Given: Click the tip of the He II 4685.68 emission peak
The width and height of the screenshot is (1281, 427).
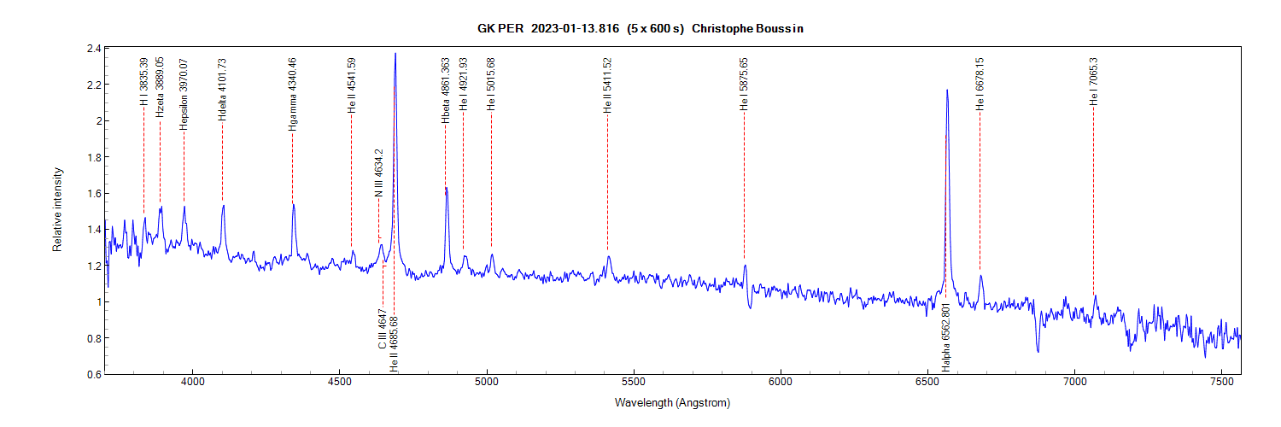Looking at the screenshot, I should point(395,54).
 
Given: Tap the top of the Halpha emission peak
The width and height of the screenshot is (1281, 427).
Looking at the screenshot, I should point(946,91).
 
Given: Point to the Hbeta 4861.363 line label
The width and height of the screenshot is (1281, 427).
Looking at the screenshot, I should point(445,91).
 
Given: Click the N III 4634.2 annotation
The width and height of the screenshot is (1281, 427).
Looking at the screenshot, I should point(379,173).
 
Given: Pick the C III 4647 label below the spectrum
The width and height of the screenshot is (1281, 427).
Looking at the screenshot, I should point(383,330).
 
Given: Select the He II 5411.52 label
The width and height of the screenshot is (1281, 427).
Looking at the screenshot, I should point(607,85).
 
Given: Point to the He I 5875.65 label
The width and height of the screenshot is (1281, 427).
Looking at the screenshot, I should point(744,85).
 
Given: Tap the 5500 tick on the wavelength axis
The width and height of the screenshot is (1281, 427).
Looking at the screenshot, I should point(634,382).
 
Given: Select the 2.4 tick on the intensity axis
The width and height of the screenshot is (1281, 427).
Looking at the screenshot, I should point(93,49).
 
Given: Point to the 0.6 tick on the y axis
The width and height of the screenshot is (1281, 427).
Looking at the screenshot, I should point(93,374).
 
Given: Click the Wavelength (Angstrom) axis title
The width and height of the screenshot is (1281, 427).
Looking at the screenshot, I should point(671,402).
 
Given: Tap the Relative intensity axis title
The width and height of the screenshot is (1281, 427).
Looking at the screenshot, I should point(58,209).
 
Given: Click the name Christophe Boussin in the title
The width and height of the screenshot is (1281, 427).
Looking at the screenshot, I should point(748,28).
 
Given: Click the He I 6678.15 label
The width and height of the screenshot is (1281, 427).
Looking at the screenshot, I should point(980,85).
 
